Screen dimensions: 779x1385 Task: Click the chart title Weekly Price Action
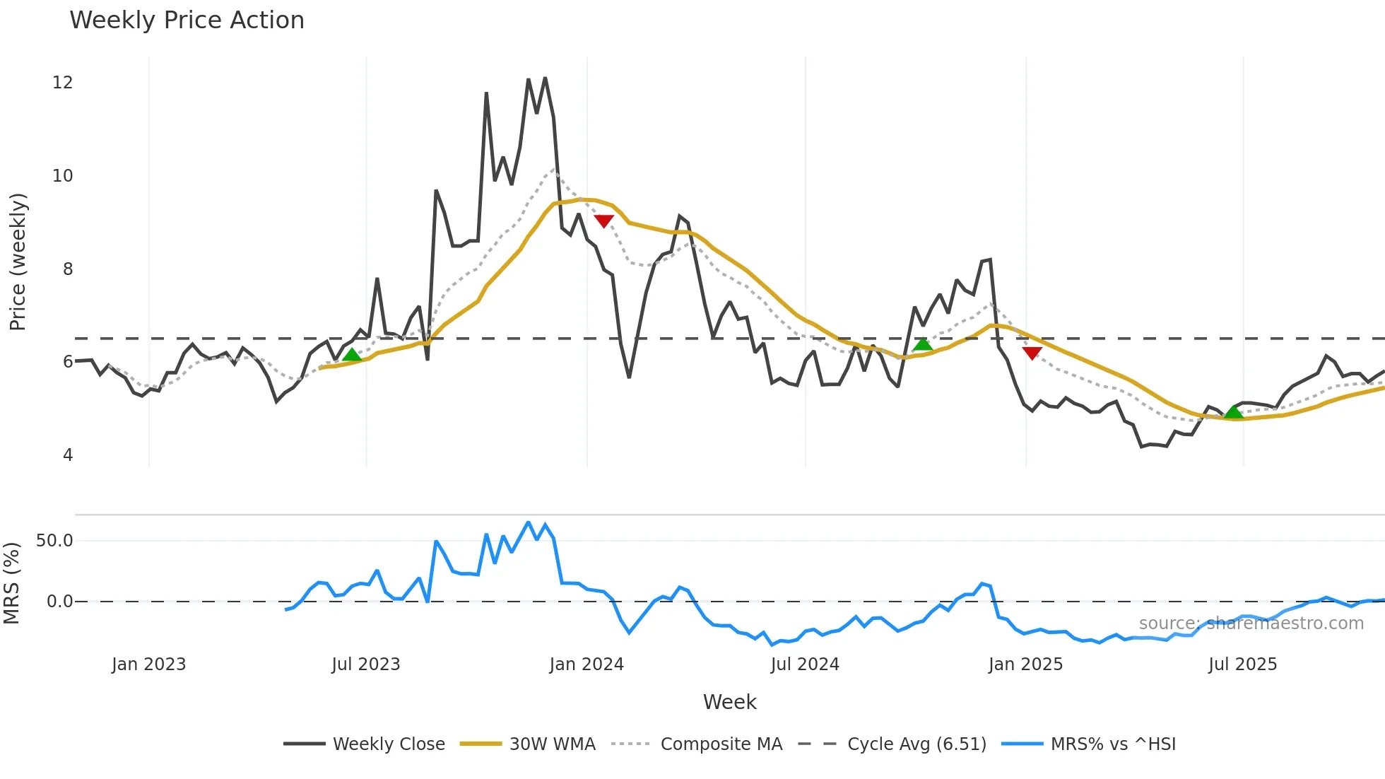pyautogui.click(x=187, y=20)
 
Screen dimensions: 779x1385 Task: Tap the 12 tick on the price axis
pyautogui.click(x=62, y=83)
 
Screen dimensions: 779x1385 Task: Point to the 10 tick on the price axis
pyautogui.click(x=62, y=176)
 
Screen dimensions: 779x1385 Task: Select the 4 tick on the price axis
pyautogui.click(x=67, y=455)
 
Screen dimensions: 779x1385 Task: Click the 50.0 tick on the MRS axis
pyautogui.click(x=54, y=541)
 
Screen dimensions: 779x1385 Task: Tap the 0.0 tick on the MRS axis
pyautogui.click(x=59, y=602)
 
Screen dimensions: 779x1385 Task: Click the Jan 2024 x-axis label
pyautogui.click(x=587, y=664)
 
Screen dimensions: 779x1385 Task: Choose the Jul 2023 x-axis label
pyautogui.click(x=366, y=664)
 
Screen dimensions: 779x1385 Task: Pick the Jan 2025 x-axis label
pyautogui.click(x=1025, y=664)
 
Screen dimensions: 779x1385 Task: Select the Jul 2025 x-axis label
pyautogui.click(x=1242, y=664)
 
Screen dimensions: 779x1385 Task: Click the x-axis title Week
pyautogui.click(x=729, y=702)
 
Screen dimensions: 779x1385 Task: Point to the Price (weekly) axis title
pyautogui.click(x=18, y=262)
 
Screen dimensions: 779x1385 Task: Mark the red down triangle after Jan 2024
pyautogui.click(x=603, y=221)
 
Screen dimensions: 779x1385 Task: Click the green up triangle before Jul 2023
pyautogui.click(x=351, y=355)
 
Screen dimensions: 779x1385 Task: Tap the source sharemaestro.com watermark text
pyautogui.click(x=1251, y=623)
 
